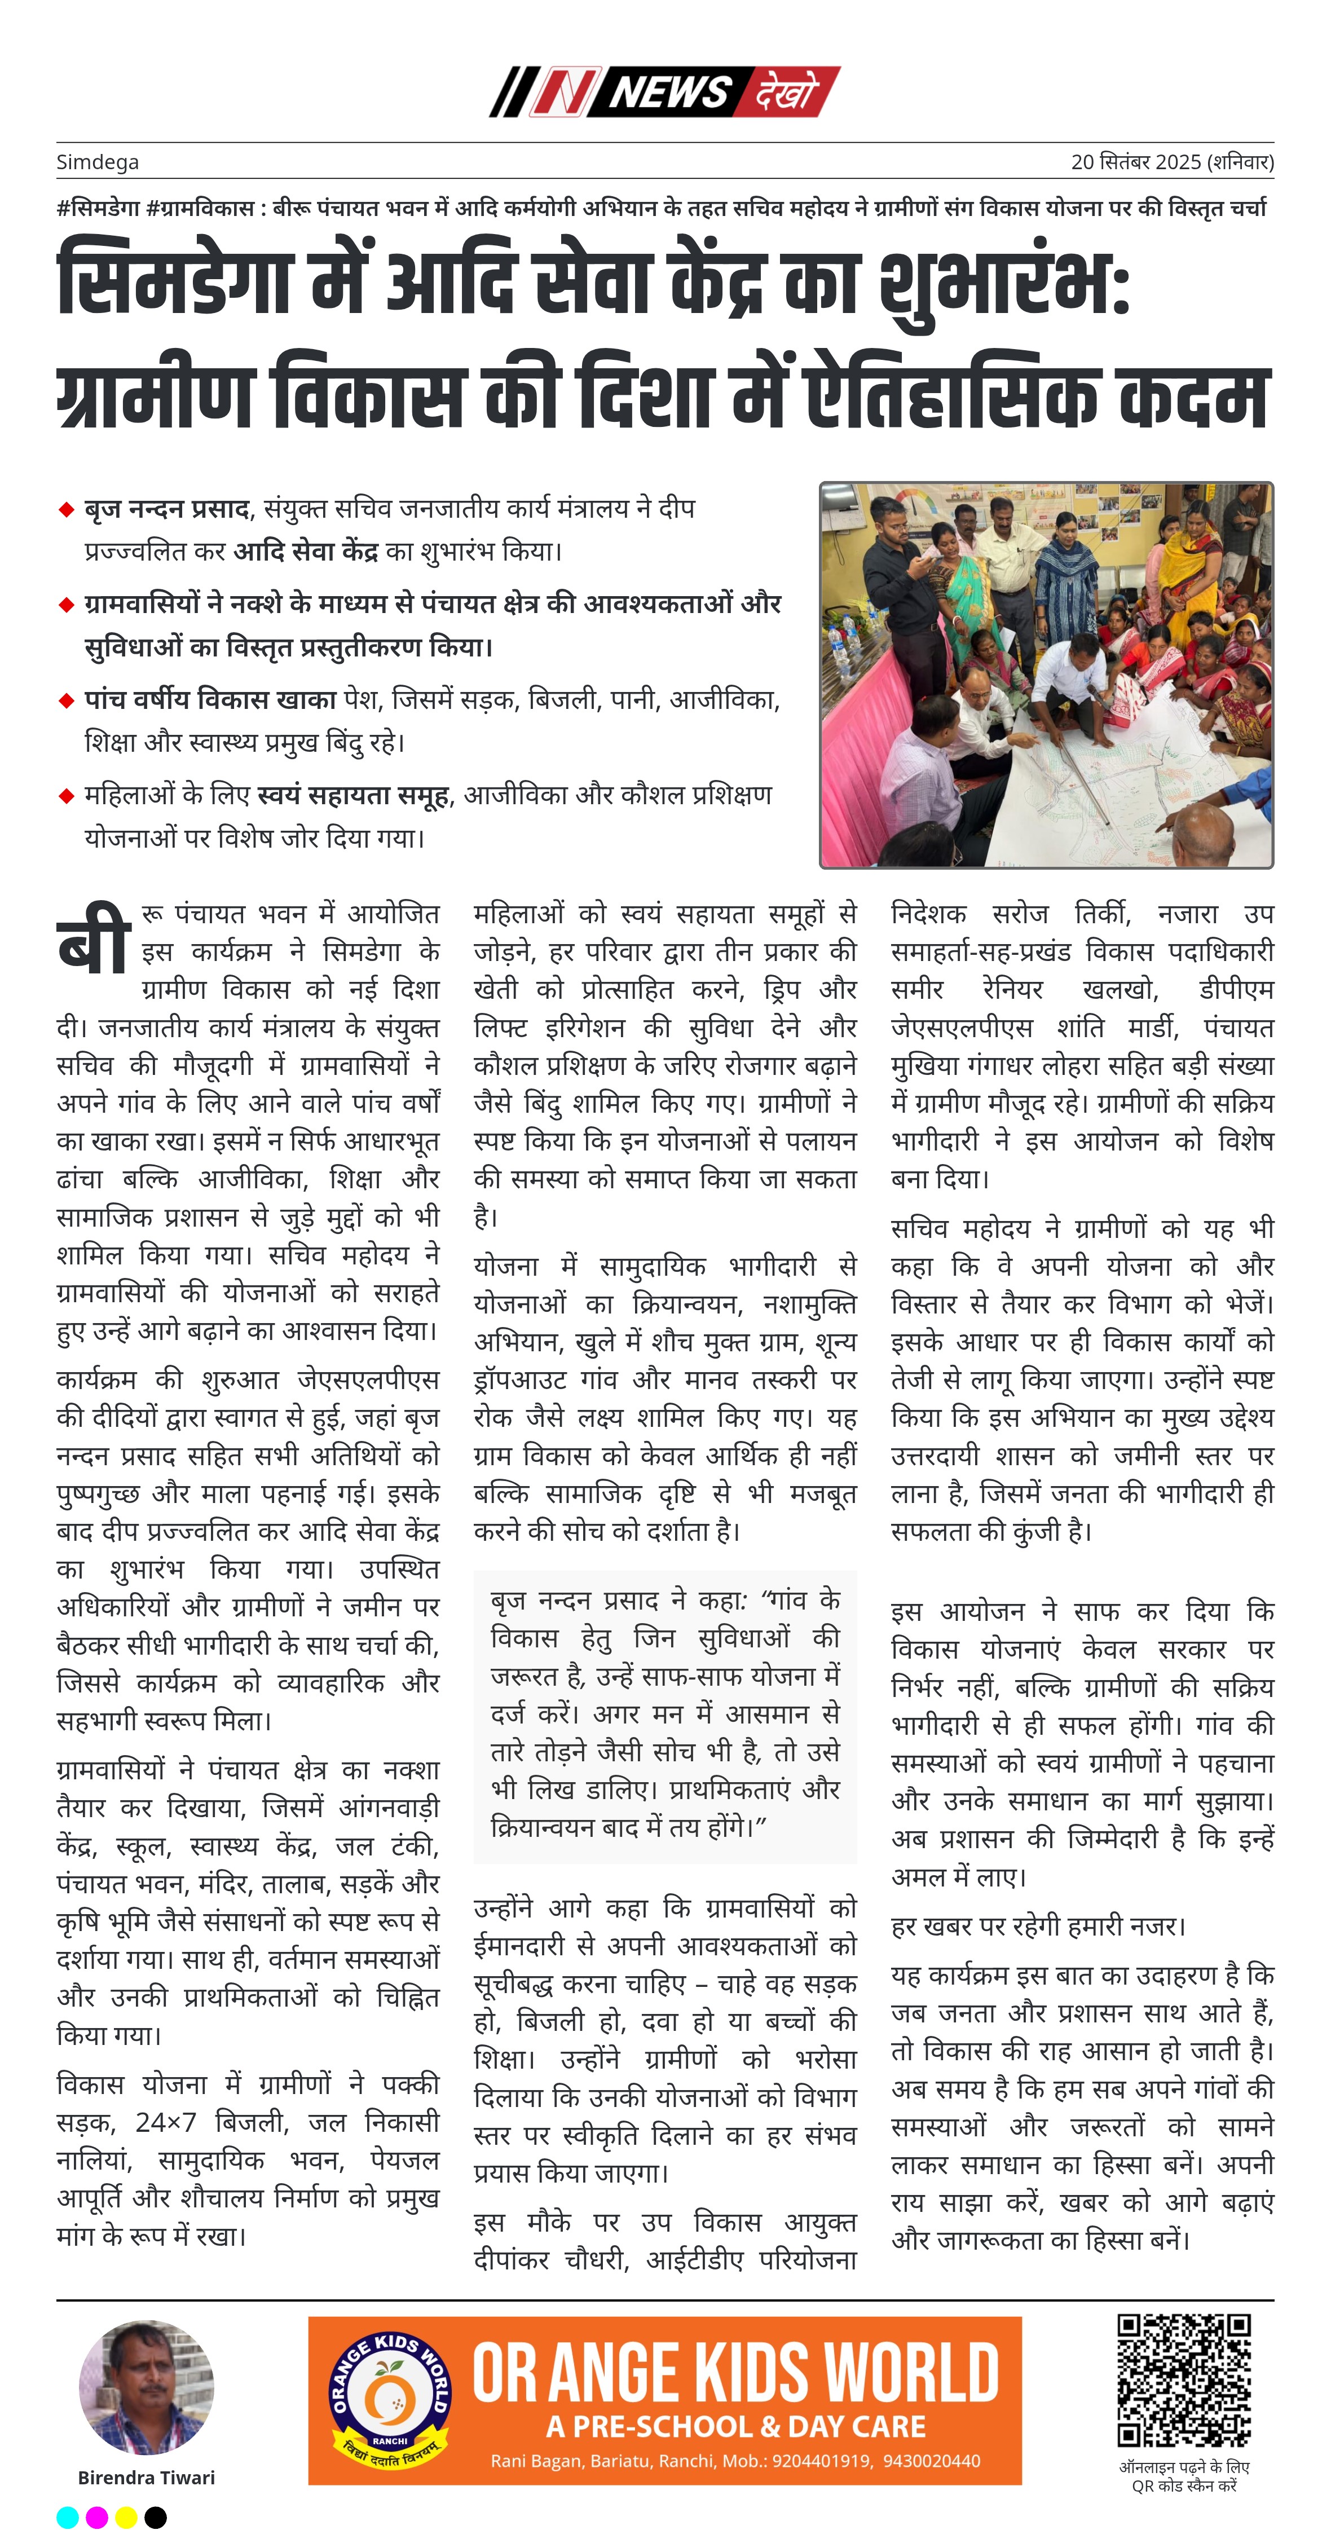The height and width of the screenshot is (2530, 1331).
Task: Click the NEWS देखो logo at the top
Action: pos(665,92)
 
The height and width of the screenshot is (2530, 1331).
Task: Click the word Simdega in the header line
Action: pos(97,162)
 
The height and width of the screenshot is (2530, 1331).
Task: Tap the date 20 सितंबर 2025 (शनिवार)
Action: pos(1172,162)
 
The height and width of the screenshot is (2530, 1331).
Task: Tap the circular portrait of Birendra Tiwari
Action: pos(147,2387)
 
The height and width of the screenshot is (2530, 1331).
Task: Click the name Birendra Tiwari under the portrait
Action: pos(147,2477)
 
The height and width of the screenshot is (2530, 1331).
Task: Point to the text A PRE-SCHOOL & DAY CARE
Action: pos(736,2426)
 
